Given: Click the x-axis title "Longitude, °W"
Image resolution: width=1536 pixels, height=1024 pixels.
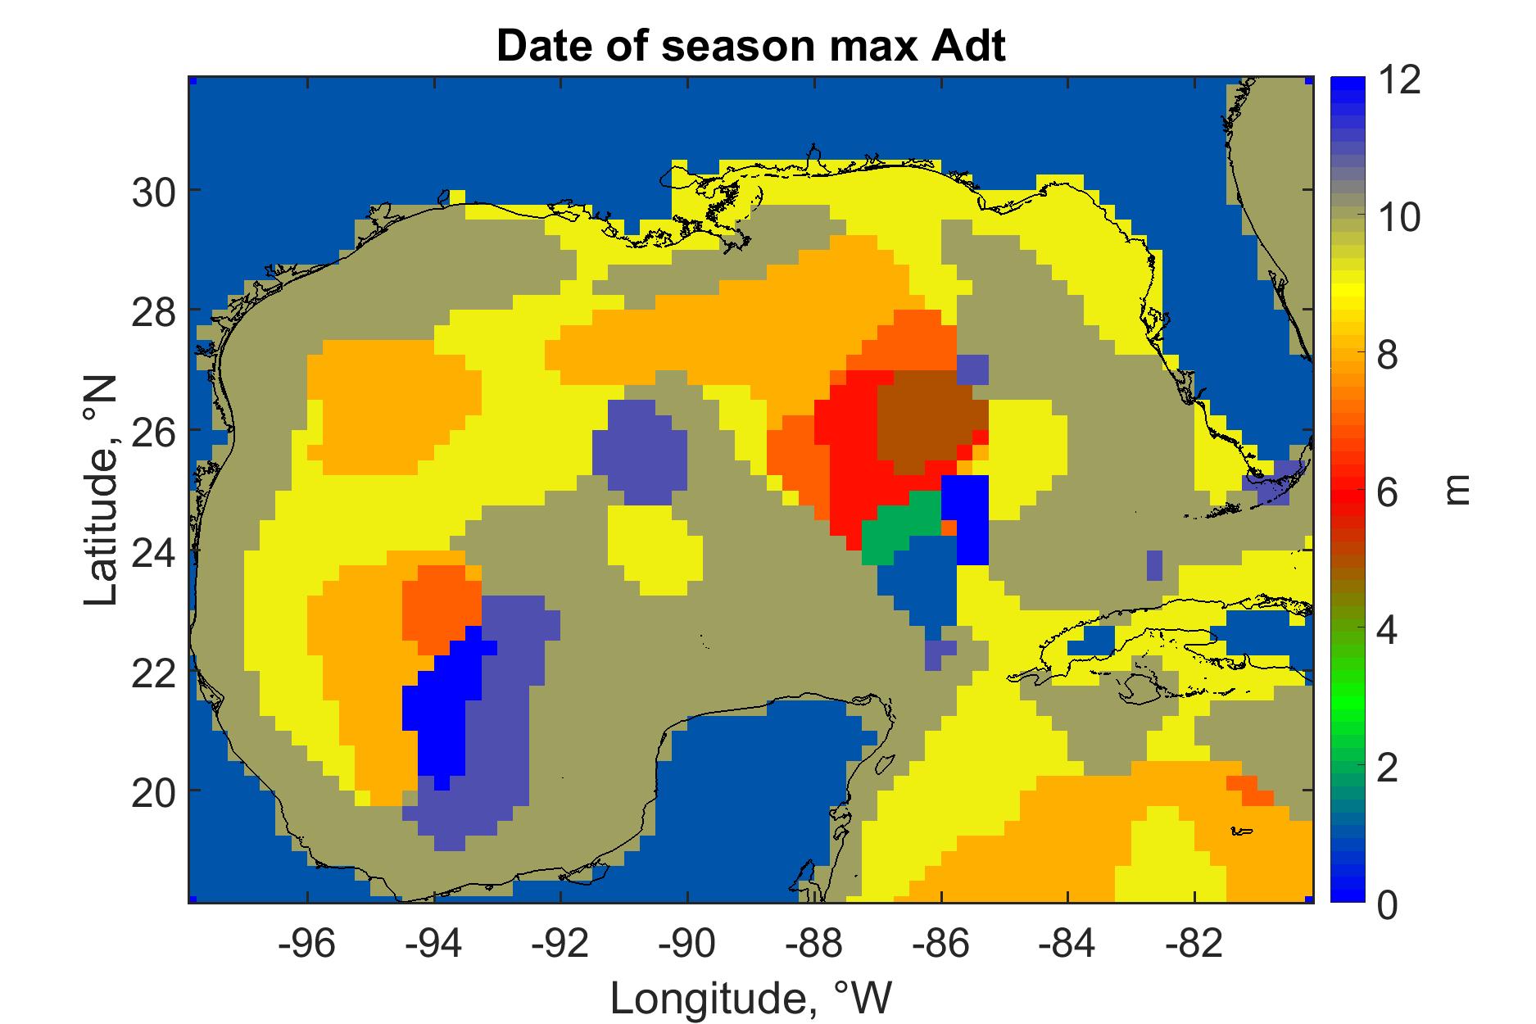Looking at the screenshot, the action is [x=750, y=997].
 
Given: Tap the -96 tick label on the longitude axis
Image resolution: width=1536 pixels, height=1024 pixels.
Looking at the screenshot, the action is [x=307, y=945].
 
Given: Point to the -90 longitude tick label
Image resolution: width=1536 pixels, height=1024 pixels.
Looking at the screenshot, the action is [x=687, y=945].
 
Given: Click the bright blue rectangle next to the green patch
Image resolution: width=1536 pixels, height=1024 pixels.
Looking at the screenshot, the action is [x=965, y=519].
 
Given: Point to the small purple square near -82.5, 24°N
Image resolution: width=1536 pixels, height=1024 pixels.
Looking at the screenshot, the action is [x=1154, y=565].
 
